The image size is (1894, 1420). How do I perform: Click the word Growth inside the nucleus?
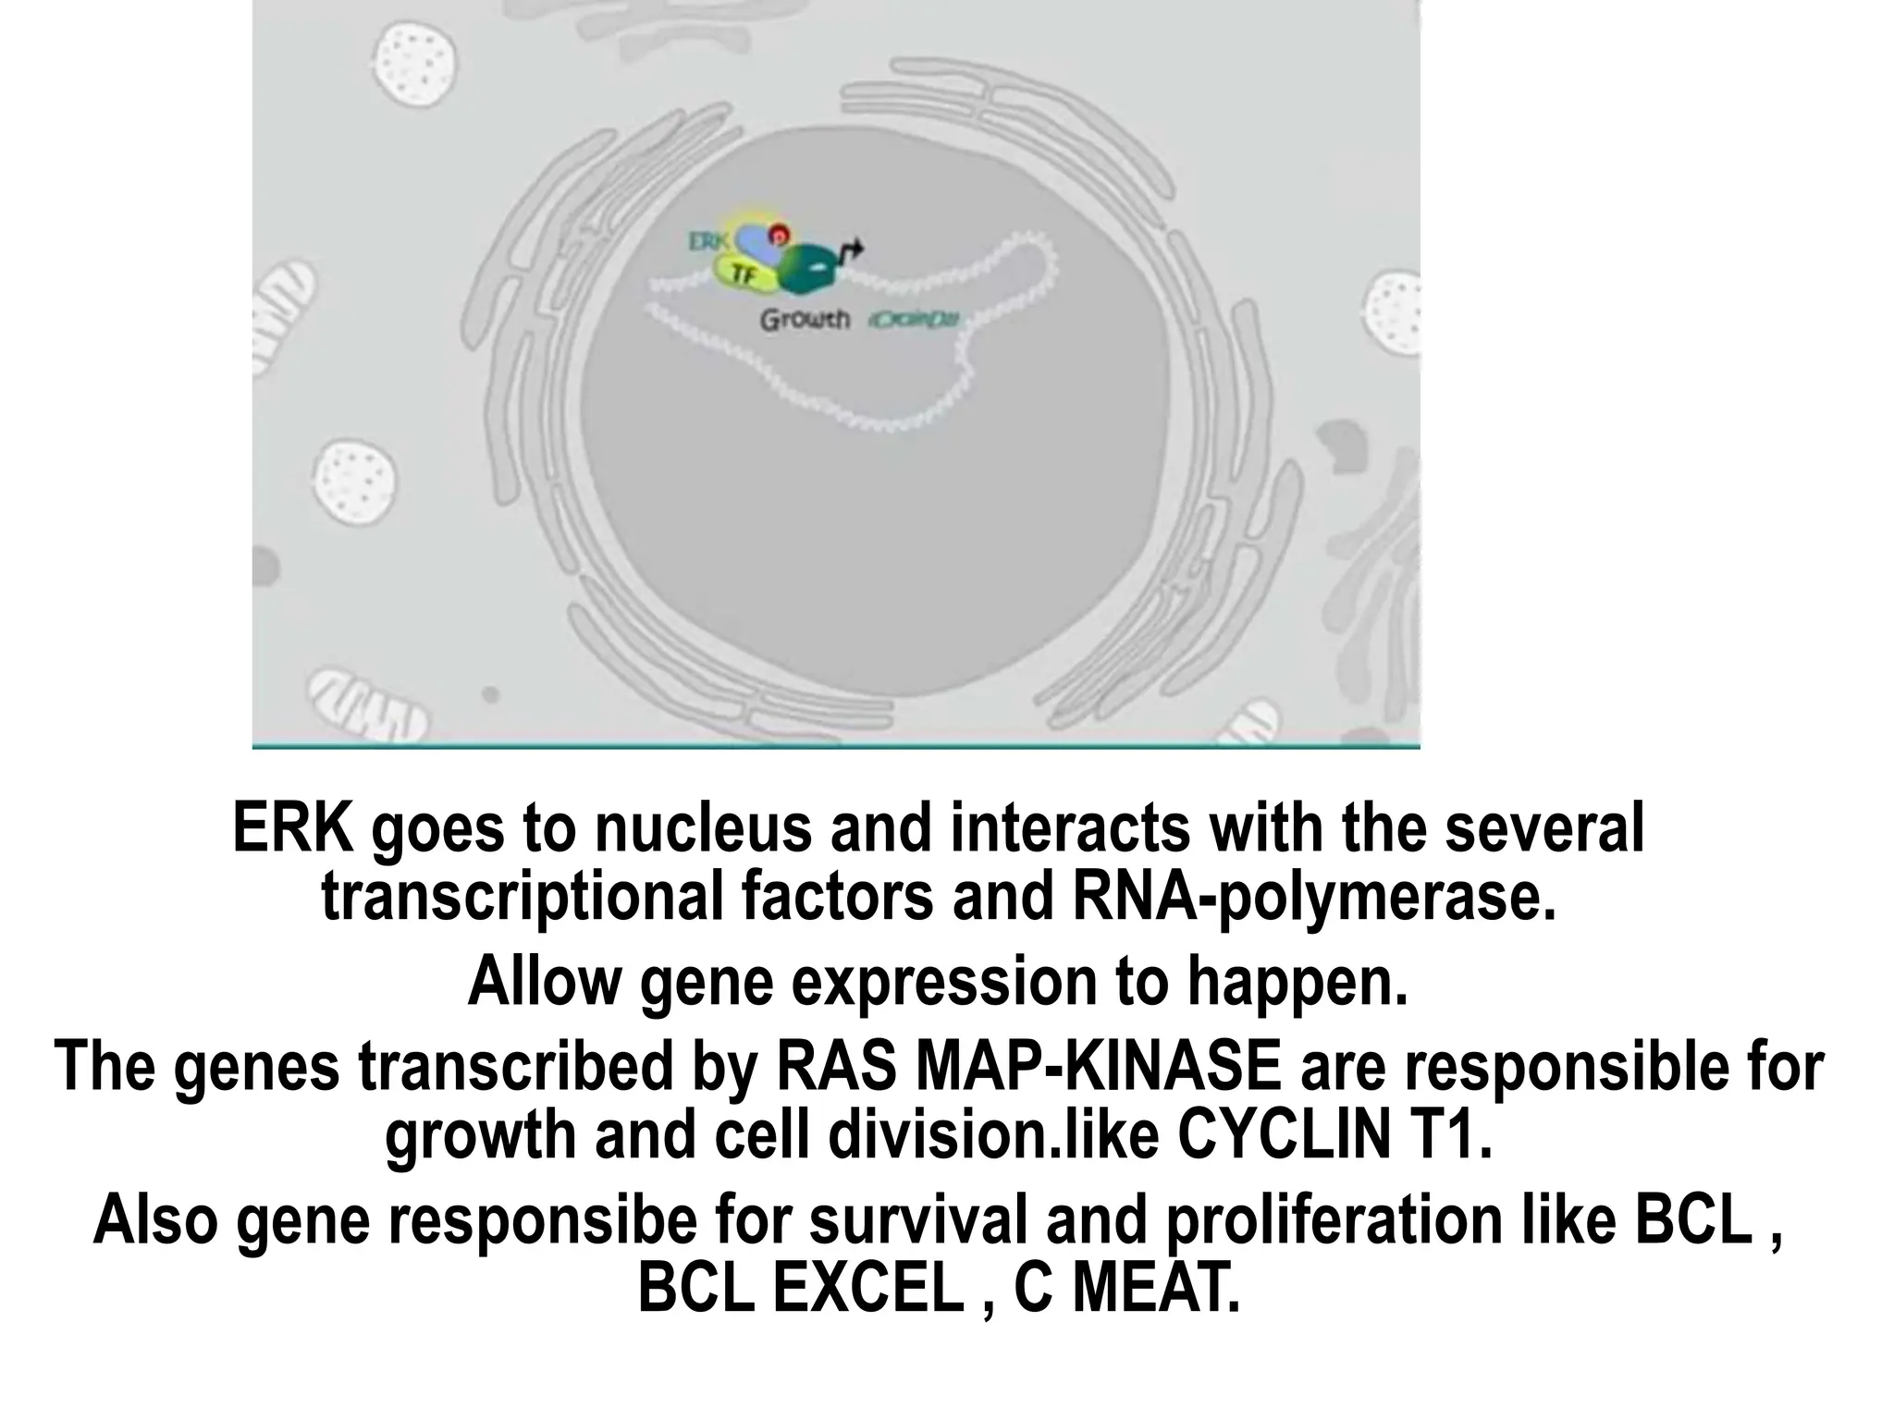805,320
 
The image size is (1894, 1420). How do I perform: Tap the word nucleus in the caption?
702,827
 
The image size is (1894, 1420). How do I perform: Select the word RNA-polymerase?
1314,896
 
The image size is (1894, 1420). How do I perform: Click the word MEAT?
1155,1289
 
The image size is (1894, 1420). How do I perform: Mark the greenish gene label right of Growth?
914,321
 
